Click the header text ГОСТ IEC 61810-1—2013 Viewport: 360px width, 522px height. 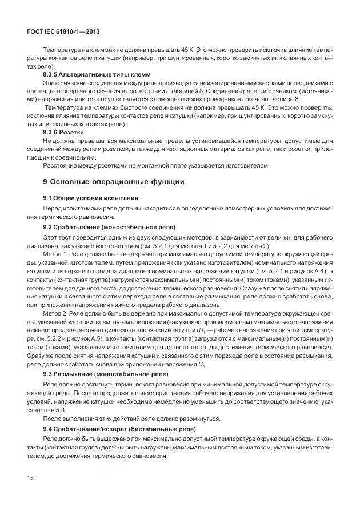pyautogui.click(x=64, y=32)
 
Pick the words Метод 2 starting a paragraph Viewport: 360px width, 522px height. pyautogui.click(x=55, y=314)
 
